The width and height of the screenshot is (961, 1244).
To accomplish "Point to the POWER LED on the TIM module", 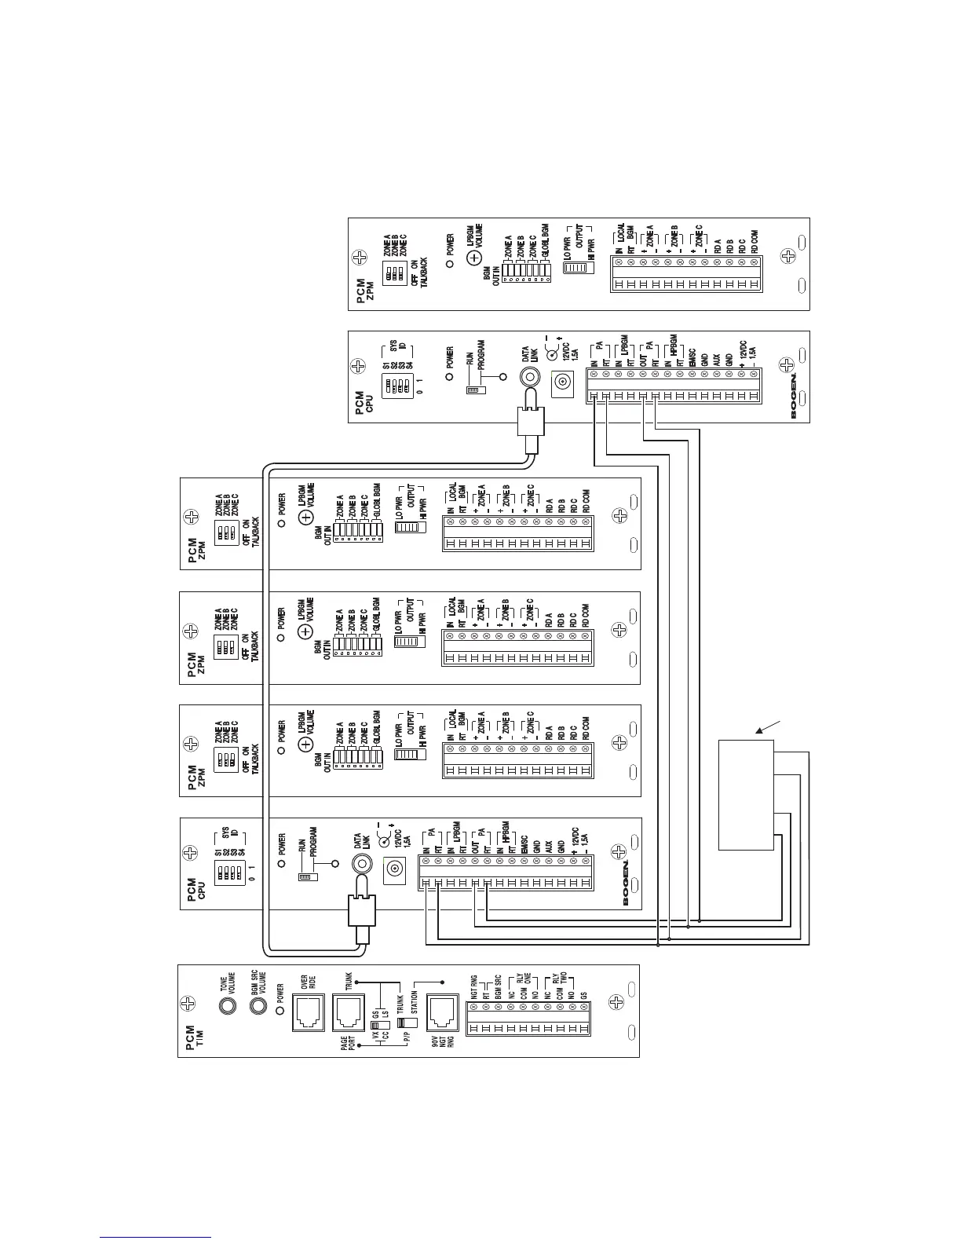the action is coord(279,1011).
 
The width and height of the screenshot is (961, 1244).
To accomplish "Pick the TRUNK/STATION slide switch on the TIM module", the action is coord(406,1025).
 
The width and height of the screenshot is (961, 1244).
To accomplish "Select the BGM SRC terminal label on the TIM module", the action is coord(499,987).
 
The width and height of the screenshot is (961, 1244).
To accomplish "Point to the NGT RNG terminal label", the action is coord(473,986).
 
